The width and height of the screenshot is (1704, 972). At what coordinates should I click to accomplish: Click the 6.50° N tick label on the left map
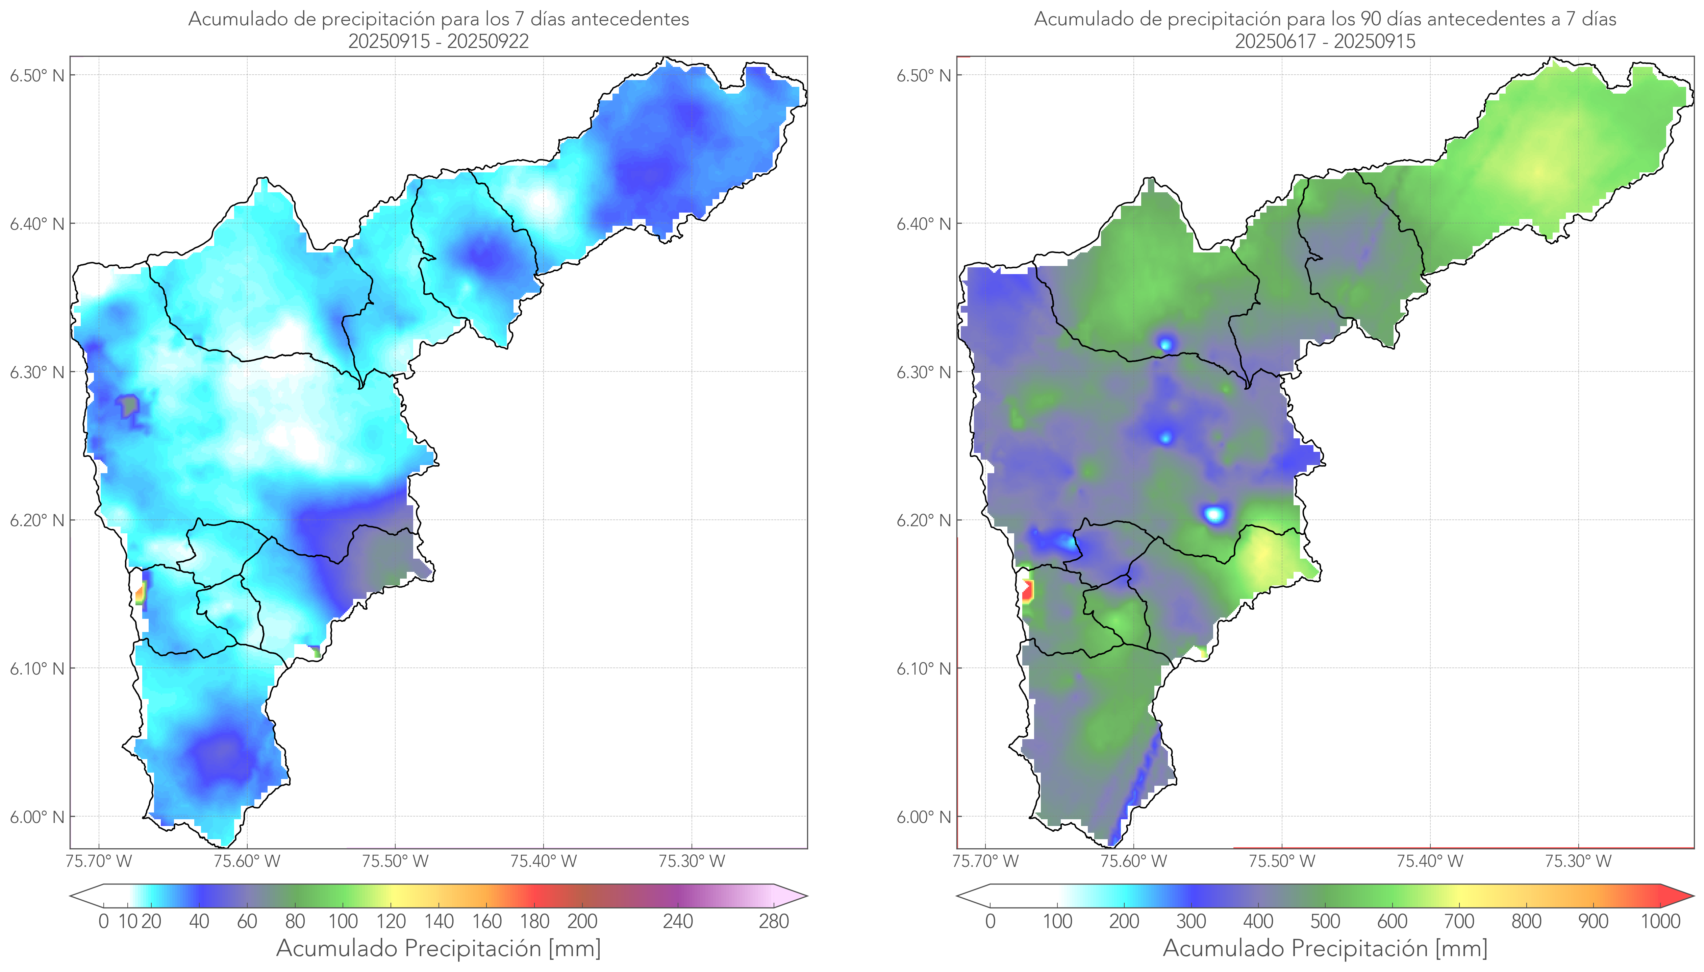37,75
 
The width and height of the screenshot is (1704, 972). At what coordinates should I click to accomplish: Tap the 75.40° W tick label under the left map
543,861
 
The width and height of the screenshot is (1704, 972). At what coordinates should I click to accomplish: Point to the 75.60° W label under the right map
1133,861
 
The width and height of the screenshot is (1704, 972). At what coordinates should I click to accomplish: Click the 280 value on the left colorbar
774,921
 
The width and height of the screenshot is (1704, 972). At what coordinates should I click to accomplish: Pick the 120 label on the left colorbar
391,921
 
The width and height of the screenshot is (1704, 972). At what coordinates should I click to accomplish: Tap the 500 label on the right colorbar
1325,921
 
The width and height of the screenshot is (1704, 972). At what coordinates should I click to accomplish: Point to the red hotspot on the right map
1027,591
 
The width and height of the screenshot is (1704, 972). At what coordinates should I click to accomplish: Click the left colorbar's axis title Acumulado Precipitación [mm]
438,948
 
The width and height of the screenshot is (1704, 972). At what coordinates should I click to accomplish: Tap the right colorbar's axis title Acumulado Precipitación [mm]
1325,948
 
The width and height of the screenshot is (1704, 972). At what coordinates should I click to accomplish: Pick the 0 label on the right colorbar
990,921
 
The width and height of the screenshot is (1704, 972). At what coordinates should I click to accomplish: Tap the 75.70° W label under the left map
99,861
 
